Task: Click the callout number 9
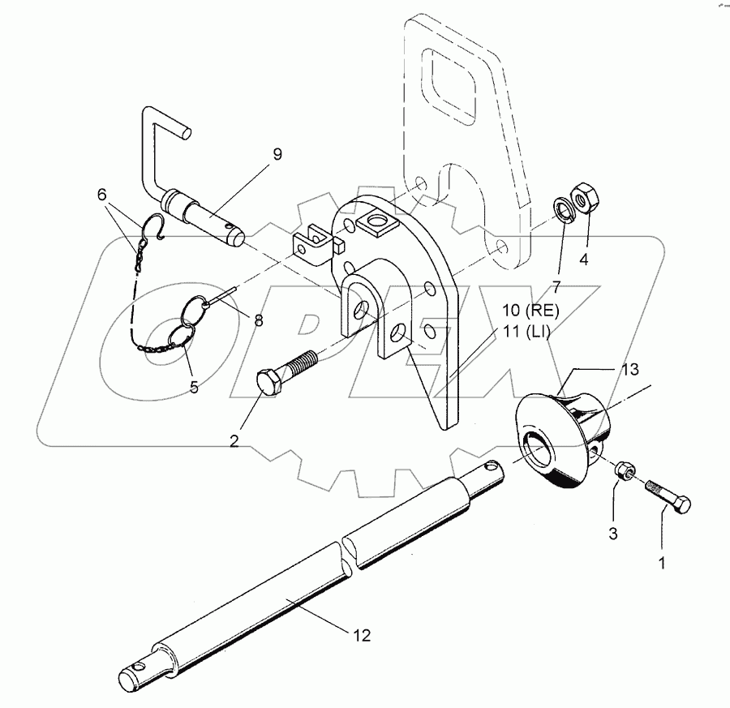(x=277, y=154)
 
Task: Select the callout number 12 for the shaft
(x=363, y=635)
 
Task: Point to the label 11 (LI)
(x=526, y=333)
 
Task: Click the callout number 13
(x=630, y=370)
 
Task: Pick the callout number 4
(x=583, y=259)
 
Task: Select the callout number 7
(x=556, y=287)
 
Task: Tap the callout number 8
(x=259, y=320)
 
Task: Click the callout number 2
(x=234, y=440)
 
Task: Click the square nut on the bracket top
(x=376, y=221)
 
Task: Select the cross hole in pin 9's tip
(x=228, y=228)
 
